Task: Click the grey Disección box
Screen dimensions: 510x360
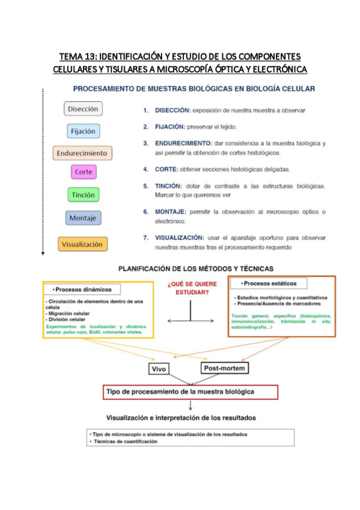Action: [83, 109]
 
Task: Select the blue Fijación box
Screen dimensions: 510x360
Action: [83, 131]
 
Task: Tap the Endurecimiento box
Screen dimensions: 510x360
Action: [82, 153]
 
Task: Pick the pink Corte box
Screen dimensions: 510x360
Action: [83, 172]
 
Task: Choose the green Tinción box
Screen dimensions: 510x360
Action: [83, 195]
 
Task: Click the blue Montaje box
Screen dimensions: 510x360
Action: [83, 218]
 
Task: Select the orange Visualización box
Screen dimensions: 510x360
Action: [83, 244]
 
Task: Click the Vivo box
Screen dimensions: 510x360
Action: [160, 367]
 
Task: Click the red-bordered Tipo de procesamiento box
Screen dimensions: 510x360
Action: [191, 392]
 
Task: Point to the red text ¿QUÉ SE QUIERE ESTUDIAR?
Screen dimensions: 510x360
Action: [190, 288]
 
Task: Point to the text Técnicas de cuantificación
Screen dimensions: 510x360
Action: [124, 441]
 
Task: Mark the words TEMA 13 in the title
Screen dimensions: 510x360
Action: [78, 57]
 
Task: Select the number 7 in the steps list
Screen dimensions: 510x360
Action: [145, 238]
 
